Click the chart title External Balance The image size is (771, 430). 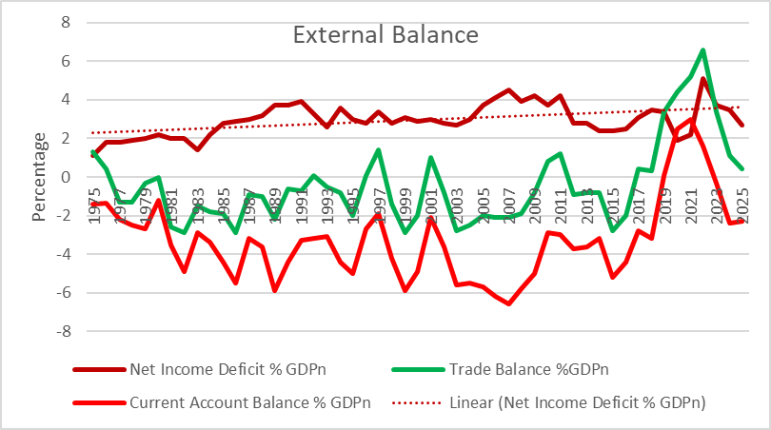pyautogui.click(x=385, y=36)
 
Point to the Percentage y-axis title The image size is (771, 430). pyautogui.click(x=40, y=177)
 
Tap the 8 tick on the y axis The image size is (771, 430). pyautogui.click(x=66, y=22)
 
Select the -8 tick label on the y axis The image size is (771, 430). pyautogui.click(x=63, y=332)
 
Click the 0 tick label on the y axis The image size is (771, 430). pyautogui.click(x=66, y=177)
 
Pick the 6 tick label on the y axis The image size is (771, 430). pyautogui.click(x=66, y=61)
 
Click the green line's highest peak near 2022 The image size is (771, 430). pyautogui.click(x=702, y=49)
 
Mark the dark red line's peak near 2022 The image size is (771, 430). pyautogui.click(x=702, y=78)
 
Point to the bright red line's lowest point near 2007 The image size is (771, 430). pyautogui.click(x=509, y=304)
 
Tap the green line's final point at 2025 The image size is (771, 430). pyautogui.click(x=741, y=168)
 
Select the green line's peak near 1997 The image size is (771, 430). pyautogui.click(x=379, y=149)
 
